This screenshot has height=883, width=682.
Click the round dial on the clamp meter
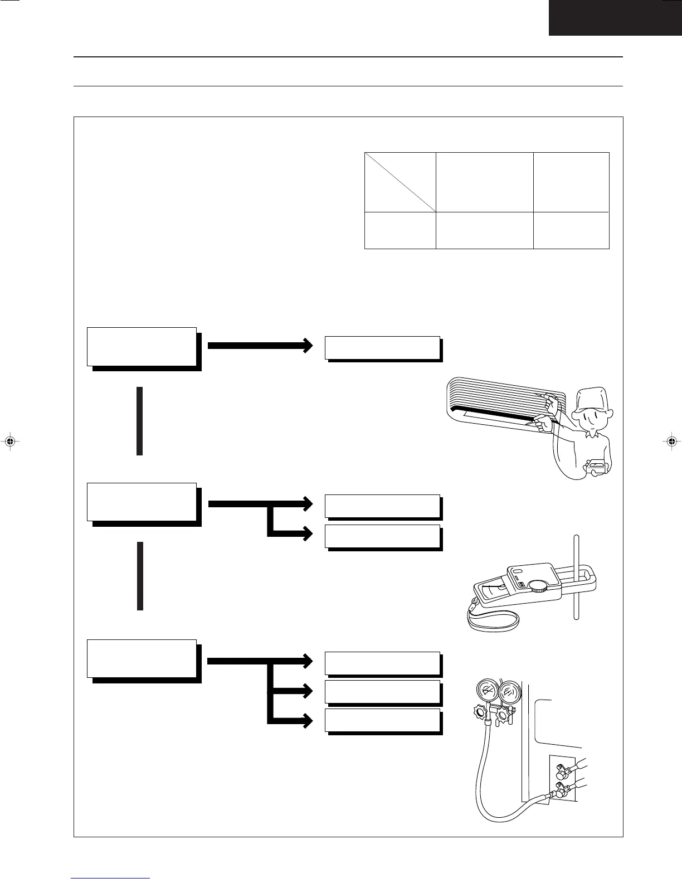(538, 585)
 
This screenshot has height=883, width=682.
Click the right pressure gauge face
(508, 692)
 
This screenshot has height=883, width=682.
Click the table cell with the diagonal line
(400, 182)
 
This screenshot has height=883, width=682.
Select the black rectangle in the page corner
(615, 17)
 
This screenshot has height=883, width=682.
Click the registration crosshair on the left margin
(9, 441)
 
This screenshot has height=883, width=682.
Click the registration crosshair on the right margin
(672, 441)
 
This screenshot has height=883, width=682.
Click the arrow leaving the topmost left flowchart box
(259, 345)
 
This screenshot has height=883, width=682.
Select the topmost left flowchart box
(142, 347)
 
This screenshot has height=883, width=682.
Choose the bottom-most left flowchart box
(142, 659)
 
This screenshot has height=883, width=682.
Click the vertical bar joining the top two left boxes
(140, 421)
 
